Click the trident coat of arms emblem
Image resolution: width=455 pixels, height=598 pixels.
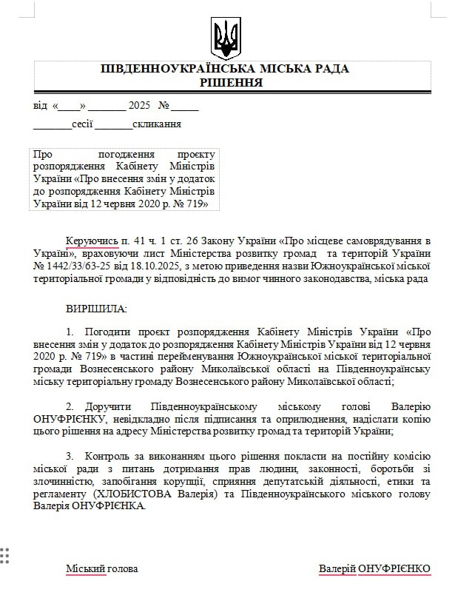tap(226, 37)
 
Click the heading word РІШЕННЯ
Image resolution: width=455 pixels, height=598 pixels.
tap(231, 83)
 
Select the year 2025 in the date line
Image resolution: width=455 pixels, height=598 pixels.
tap(139, 105)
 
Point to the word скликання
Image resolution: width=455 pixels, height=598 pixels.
tap(157, 124)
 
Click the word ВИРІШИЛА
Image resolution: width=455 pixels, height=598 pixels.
tap(96, 306)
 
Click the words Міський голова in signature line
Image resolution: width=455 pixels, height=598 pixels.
tap(101, 568)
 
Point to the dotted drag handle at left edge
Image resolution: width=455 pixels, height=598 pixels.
tap(5, 555)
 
